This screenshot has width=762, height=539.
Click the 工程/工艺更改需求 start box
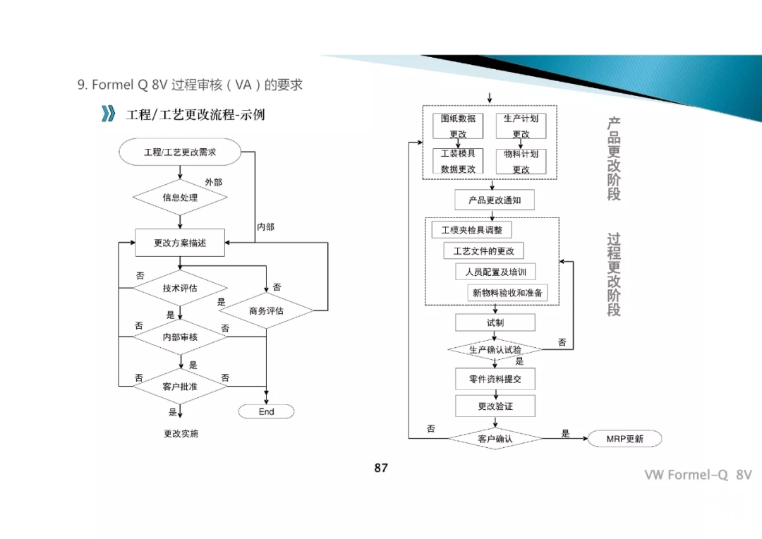click(x=180, y=152)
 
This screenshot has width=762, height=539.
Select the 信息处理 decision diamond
click(x=180, y=198)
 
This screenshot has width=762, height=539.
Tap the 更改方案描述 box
click(x=180, y=243)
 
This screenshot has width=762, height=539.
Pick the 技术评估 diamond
click(x=180, y=288)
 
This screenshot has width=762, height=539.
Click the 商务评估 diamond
click(x=266, y=311)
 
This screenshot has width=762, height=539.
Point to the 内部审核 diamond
click(x=180, y=337)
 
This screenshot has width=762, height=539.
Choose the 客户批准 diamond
click(x=180, y=387)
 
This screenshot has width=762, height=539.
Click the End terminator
click(x=266, y=411)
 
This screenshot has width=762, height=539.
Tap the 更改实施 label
click(x=181, y=433)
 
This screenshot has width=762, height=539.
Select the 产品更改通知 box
click(x=495, y=200)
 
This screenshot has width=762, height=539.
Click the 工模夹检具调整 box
click(x=471, y=230)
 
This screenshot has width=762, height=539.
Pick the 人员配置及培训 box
click(x=495, y=272)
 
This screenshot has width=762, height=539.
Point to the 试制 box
click(x=495, y=322)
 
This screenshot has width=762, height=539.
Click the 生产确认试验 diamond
click(x=495, y=349)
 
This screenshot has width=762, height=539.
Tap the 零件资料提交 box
click(x=495, y=379)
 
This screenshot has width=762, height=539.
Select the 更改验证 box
click(x=495, y=406)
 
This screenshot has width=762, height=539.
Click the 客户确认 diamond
click(x=495, y=439)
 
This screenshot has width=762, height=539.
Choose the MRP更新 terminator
click(x=624, y=439)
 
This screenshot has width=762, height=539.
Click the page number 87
click(x=381, y=468)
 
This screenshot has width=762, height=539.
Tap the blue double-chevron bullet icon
click(x=108, y=114)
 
